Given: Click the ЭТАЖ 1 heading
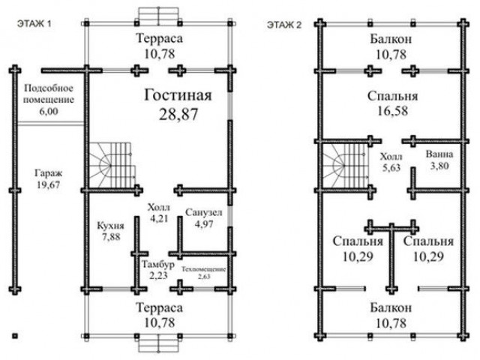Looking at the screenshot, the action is point(34,23).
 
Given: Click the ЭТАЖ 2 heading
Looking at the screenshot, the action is point(284,25).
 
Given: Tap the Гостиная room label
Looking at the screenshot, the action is point(178,95).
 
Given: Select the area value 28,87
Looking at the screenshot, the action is point(178,114).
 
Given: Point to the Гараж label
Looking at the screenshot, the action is point(48,173).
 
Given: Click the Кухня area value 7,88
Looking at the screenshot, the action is point(110,237).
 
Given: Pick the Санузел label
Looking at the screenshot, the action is point(203,212).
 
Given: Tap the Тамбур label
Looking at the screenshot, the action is point(158,264).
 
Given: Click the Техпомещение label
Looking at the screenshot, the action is point(204,269).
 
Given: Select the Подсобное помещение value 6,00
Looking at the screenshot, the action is point(48,111).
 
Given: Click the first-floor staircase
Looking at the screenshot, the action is point(112,166).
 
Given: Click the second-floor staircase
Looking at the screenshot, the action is point(346,166).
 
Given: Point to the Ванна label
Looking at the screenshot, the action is point(439,154).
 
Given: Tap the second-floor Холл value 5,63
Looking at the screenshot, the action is point(391,167).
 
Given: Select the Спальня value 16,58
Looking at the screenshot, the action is point(392,111).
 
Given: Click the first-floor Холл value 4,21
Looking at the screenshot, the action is point(158,218).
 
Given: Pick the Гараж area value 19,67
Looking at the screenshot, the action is point(48,185).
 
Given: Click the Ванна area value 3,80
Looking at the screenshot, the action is point(439,166).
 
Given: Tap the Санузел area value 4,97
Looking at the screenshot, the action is point(203,224).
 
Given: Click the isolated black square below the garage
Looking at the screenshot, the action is point(15,336).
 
